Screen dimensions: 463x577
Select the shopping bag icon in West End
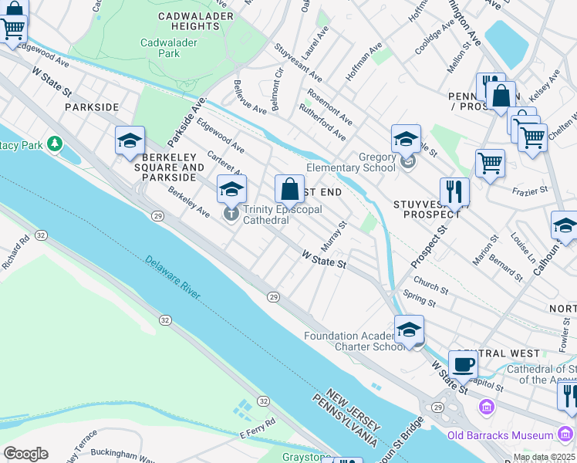click(289, 188)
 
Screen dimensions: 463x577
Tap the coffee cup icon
click(463, 364)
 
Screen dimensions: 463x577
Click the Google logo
click(25, 453)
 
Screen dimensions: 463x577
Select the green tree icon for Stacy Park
click(54, 144)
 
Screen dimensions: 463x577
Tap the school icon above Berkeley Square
click(130, 140)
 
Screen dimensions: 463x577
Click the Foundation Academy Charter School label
click(353, 341)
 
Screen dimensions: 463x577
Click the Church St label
click(430, 285)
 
